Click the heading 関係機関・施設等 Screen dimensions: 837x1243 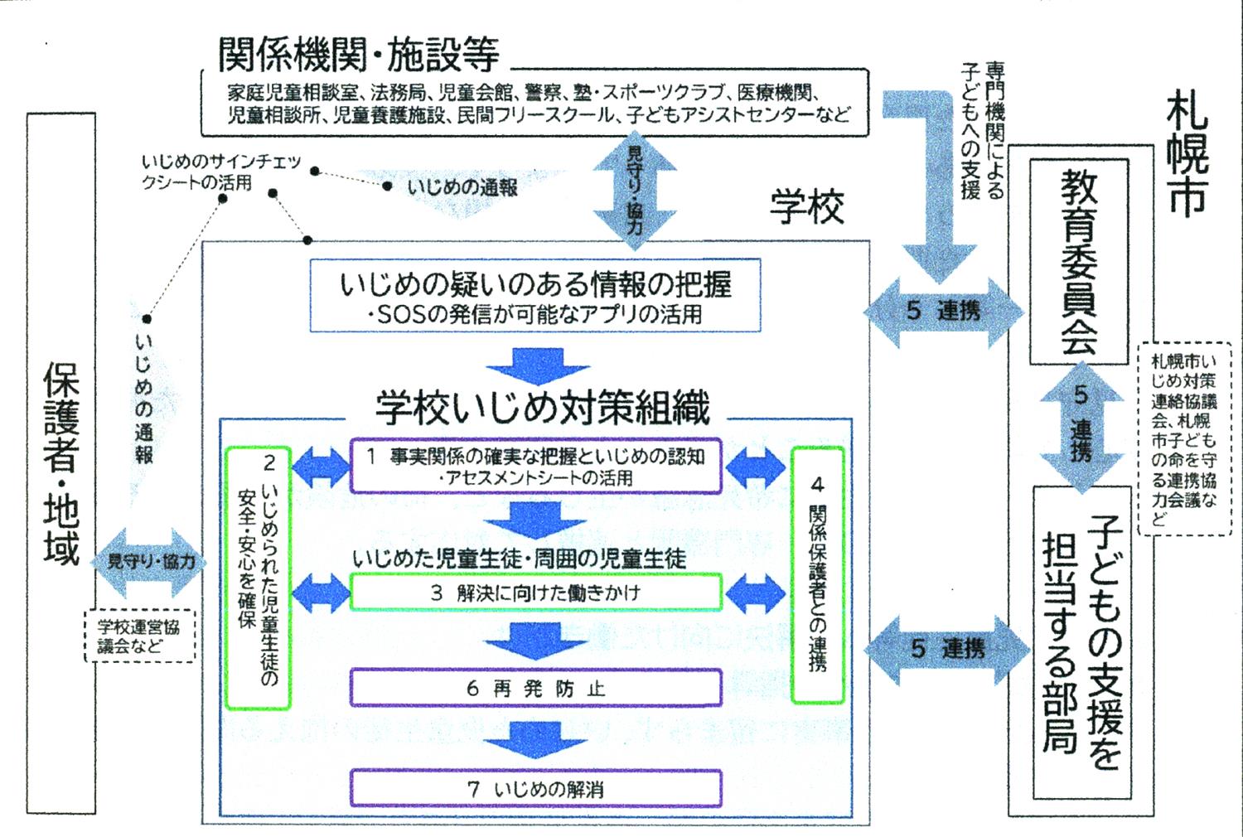tap(358, 54)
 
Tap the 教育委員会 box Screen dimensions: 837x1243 tap(1078, 262)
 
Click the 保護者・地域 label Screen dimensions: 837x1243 tap(61, 464)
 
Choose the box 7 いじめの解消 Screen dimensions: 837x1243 tap(535, 789)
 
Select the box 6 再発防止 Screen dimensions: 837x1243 tap(535, 689)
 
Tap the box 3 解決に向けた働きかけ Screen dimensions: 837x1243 tap(535, 593)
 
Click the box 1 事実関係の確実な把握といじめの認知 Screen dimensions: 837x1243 tap(535, 466)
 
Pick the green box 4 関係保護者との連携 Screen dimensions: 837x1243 tap(817, 574)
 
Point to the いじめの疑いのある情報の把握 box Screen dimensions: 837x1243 tap(535, 295)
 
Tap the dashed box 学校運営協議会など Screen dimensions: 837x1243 tap(139, 636)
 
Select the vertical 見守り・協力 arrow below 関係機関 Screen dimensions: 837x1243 tap(634, 190)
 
